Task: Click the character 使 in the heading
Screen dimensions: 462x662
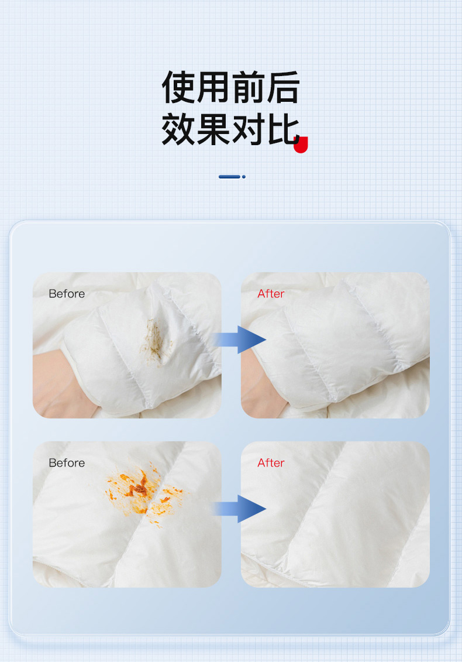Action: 178,87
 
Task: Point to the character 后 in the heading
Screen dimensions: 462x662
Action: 282,87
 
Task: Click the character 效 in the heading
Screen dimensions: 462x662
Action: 178,129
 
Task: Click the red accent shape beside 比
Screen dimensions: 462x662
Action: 301,145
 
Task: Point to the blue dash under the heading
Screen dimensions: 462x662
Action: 232,177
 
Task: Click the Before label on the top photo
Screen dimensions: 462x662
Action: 67,294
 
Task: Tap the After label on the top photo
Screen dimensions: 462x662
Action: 271,294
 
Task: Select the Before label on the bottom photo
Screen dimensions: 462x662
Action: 67,463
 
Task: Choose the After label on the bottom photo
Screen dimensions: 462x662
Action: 271,463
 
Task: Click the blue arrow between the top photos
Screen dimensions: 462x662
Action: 239,339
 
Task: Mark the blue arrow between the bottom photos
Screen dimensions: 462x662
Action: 239,509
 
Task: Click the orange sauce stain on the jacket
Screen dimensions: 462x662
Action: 143,492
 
